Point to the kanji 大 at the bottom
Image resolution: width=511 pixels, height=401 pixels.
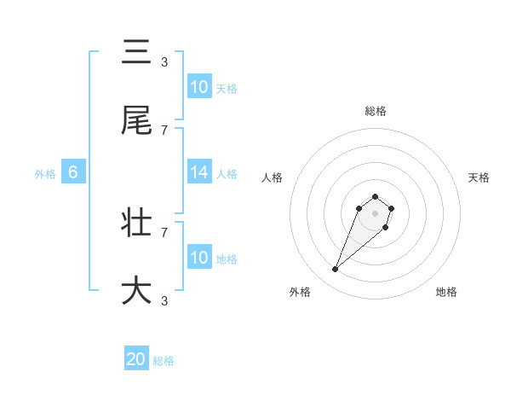pyautogui.click(x=136, y=290)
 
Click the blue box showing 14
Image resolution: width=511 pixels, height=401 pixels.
pyautogui.click(x=199, y=172)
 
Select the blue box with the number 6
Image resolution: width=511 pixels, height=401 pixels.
pyautogui.click(x=73, y=172)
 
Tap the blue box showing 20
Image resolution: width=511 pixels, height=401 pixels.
pyautogui.click(x=136, y=360)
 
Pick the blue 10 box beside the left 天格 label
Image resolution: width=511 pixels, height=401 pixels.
pyautogui.click(x=199, y=87)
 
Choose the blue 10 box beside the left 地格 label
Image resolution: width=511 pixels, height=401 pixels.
pyautogui.click(x=199, y=258)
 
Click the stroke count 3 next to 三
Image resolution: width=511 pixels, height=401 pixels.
pyautogui.click(x=164, y=61)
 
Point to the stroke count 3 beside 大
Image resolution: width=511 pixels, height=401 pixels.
pyautogui.click(x=164, y=300)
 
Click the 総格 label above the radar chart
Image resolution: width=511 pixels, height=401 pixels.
pyautogui.click(x=376, y=111)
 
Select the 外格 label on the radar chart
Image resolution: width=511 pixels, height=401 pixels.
pyautogui.click(x=300, y=292)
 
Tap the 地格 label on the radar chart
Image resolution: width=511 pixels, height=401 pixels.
pyautogui.click(x=446, y=292)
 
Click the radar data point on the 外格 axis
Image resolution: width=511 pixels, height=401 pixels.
pyautogui.click(x=336, y=270)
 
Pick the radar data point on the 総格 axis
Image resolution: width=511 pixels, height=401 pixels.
pyautogui.click(x=375, y=195)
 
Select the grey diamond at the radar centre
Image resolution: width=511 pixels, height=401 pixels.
pyautogui.click(x=375, y=213)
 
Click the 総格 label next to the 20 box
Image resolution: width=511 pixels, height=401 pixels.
pyautogui.click(x=164, y=361)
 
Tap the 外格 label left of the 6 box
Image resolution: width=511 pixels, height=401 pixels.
pyautogui.click(x=45, y=173)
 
